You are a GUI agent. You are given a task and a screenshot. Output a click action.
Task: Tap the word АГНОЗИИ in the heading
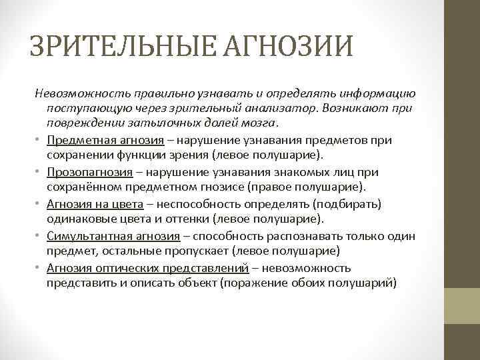(x=287, y=46)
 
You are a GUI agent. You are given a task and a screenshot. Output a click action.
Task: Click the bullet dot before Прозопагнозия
(x=39, y=172)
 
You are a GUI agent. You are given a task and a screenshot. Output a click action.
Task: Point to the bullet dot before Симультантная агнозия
(x=39, y=235)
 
